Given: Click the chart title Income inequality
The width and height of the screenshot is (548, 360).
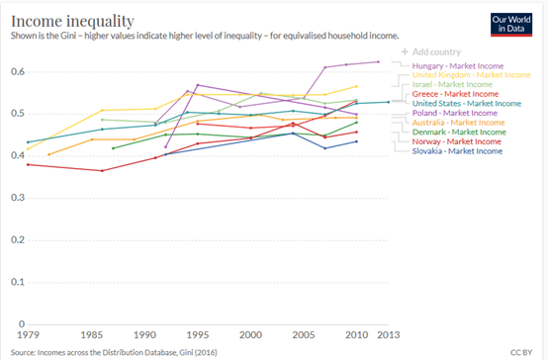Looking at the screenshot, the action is coord(72,21).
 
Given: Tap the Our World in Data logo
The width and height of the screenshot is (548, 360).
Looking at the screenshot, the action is coord(511,25).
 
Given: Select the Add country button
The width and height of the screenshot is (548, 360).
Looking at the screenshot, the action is coord(431,52).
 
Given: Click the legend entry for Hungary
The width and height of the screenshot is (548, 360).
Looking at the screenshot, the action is coord(458,66).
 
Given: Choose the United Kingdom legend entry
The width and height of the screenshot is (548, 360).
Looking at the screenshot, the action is coord(471,75).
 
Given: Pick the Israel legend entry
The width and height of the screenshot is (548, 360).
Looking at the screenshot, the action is coord(452,85).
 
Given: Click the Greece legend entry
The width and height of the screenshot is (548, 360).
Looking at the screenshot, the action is coord(455,94).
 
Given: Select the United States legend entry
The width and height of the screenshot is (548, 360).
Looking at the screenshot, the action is coord(467,104).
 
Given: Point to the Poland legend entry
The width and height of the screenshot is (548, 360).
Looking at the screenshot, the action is coord(455,113).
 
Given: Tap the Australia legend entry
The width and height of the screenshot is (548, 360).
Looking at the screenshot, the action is coord(459,123).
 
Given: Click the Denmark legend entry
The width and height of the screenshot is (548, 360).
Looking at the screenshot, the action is coord(459,133).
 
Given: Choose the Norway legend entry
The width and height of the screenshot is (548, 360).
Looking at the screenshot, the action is coord(457,141).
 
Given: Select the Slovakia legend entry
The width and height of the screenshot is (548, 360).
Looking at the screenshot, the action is coord(457,151).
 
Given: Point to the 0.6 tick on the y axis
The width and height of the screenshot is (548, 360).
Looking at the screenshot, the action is coord(18,71).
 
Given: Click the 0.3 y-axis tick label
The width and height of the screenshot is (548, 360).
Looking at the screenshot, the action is coord(18,198).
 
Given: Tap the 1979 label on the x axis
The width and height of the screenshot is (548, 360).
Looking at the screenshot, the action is coord(28,335).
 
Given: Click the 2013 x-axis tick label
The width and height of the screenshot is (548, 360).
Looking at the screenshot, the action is coord(389,335).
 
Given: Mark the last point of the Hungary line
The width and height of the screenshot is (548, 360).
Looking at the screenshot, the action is coord(378,62).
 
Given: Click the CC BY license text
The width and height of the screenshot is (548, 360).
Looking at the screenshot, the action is coord(521,352).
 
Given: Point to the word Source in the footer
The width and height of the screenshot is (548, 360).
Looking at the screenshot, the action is coord(23,352).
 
